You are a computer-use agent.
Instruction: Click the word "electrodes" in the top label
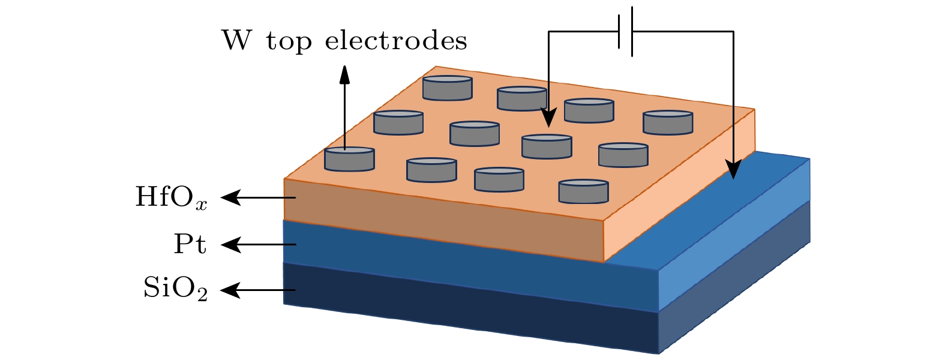click(x=395, y=41)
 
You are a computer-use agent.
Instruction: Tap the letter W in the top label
click(x=237, y=41)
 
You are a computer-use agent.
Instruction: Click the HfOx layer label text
click(x=171, y=197)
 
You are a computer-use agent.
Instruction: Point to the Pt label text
click(x=190, y=245)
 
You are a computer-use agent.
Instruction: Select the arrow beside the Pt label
click(x=258, y=244)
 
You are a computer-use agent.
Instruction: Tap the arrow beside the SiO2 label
click(x=258, y=290)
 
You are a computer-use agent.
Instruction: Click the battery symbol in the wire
click(x=626, y=31)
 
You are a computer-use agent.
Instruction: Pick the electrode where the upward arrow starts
click(x=349, y=159)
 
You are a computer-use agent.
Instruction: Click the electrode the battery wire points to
click(x=547, y=146)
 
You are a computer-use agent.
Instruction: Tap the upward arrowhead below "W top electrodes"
click(x=344, y=74)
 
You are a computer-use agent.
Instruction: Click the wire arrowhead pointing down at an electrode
click(x=548, y=118)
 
